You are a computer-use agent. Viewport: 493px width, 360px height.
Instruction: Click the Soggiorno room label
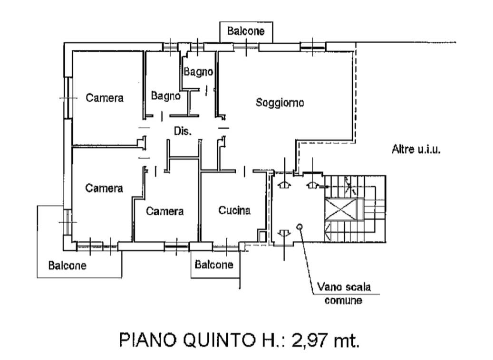coord(280,103)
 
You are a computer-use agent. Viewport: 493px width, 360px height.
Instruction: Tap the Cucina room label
coord(234,210)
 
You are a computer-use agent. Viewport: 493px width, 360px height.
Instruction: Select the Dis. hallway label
coord(183,132)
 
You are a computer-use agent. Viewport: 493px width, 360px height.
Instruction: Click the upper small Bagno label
coord(198,72)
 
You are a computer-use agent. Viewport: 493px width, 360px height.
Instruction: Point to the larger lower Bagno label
coord(166,95)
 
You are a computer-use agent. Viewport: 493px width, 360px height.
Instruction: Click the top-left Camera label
coord(105,98)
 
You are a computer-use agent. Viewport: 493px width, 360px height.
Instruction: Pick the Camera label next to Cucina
coord(164,211)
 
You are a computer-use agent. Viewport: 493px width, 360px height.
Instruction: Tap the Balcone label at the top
coord(246,32)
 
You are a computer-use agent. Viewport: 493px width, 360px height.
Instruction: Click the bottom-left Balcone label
coord(68,265)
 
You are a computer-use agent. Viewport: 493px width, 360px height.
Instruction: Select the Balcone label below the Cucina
coord(214,265)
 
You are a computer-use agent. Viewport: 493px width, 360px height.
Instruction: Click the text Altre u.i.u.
coord(417,150)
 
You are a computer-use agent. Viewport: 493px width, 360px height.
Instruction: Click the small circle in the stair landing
coord(299,227)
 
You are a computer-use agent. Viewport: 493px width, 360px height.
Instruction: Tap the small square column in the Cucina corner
coord(262,235)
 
